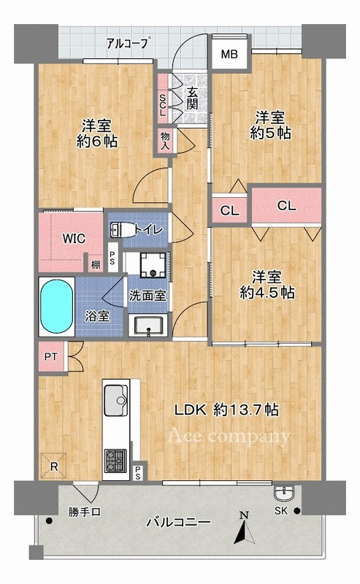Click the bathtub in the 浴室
pyautogui.click(x=57, y=306)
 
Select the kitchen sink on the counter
pyautogui.click(x=115, y=400)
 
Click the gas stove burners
pyautogui.click(x=115, y=461)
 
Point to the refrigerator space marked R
pyautogui.click(x=53, y=466)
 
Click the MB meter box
pyautogui.click(x=229, y=54)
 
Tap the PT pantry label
pyautogui.click(x=51, y=357)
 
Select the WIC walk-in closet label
pyautogui.click(x=74, y=239)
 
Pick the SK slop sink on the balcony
pyautogui.click(x=284, y=493)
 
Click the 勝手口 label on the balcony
pyautogui.click(x=84, y=512)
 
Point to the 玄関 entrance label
pyautogui.click(x=192, y=99)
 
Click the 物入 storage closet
pyautogui.click(x=165, y=142)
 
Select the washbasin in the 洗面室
pyautogui.click(x=148, y=326)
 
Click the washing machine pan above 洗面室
pyautogui.click(x=153, y=265)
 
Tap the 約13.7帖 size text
pyautogui.click(x=246, y=410)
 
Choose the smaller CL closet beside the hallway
pyautogui.click(x=229, y=210)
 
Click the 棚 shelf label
pyautogui.click(x=96, y=265)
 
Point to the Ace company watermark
pyautogui.click(x=229, y=436)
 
